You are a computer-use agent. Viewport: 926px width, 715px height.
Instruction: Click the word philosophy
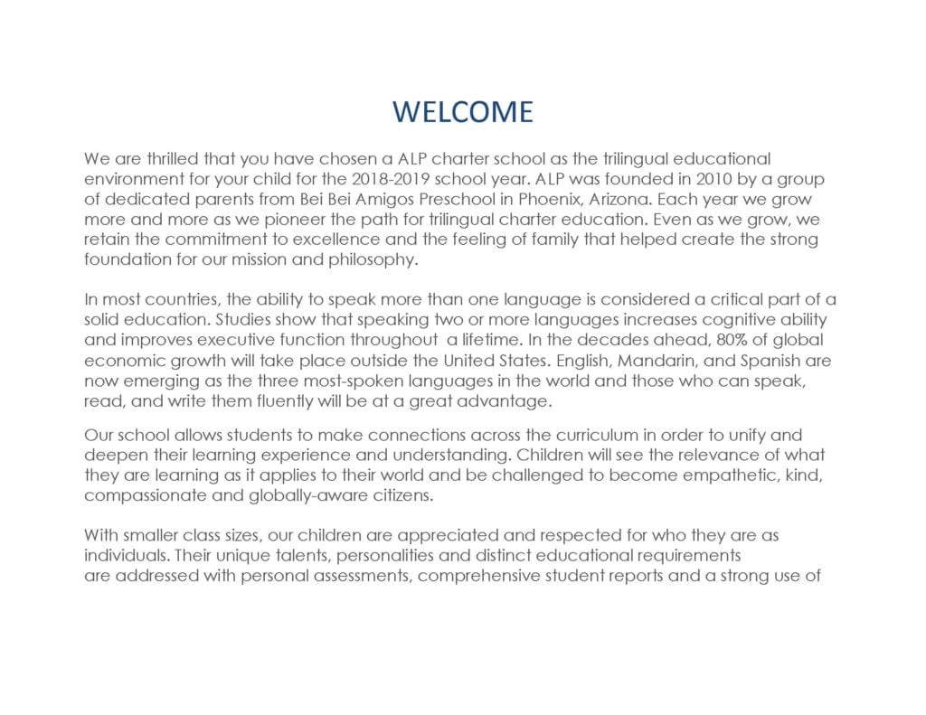pos(373,259)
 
